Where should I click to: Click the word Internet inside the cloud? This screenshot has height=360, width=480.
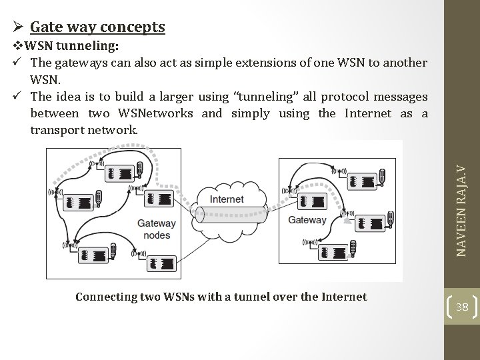coord(227,199)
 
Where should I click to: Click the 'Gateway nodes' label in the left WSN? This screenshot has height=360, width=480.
coord(157,229)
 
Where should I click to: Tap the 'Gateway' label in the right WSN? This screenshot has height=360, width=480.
coord(307,220)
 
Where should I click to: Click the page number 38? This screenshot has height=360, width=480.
coord(461,307)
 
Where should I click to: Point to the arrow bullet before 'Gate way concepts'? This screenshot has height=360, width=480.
coord(19,27)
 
